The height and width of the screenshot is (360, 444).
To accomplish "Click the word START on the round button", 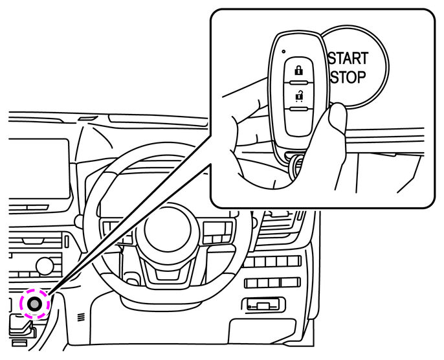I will pyautogui.click(x=348, y=58).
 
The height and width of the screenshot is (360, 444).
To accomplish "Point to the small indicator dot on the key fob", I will pyautogui.click(x=283, y=50).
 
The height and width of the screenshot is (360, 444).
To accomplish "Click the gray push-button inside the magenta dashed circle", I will pyautogui.click(x=34, y=303).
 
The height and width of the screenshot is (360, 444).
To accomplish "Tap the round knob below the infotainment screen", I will pyautogui.click(x=44, y=265).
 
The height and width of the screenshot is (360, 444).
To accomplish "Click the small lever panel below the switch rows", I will pyautogui.click(x=263, y=304).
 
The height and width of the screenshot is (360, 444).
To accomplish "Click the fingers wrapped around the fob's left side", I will pyautogui.click(x=249, y=123).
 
